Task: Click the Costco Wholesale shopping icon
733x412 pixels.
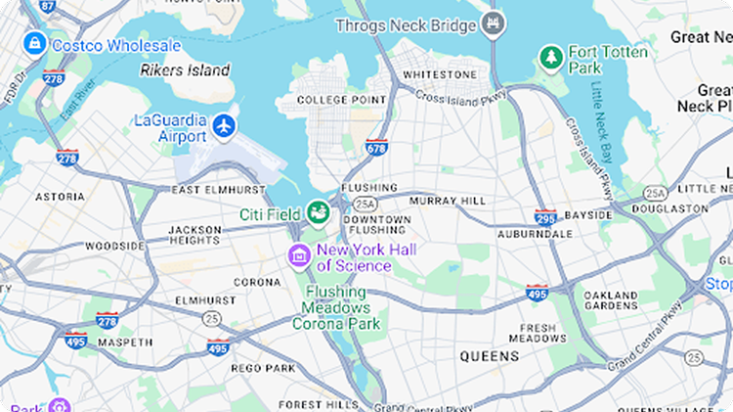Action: coord(35,44)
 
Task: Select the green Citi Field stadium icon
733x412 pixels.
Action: coord(318,211)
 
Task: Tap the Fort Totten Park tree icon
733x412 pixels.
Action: coord(551,58)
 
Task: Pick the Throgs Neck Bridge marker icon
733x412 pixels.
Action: coord(496,23)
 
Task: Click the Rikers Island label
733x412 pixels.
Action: coord(185,70)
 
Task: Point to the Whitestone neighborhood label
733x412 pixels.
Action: coord(440,74)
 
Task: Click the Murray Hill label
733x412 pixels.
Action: coord(448,201)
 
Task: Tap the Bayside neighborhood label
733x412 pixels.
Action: coord(588,214)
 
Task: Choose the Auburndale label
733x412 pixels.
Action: coord(535,235)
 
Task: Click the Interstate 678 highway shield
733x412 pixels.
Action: coord(376,146)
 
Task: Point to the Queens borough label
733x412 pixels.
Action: coord(490,356)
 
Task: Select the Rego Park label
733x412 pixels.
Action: coord(263,368)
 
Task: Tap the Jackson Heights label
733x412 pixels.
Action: coord(194,235)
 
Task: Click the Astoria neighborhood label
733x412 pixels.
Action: coord(61,197)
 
